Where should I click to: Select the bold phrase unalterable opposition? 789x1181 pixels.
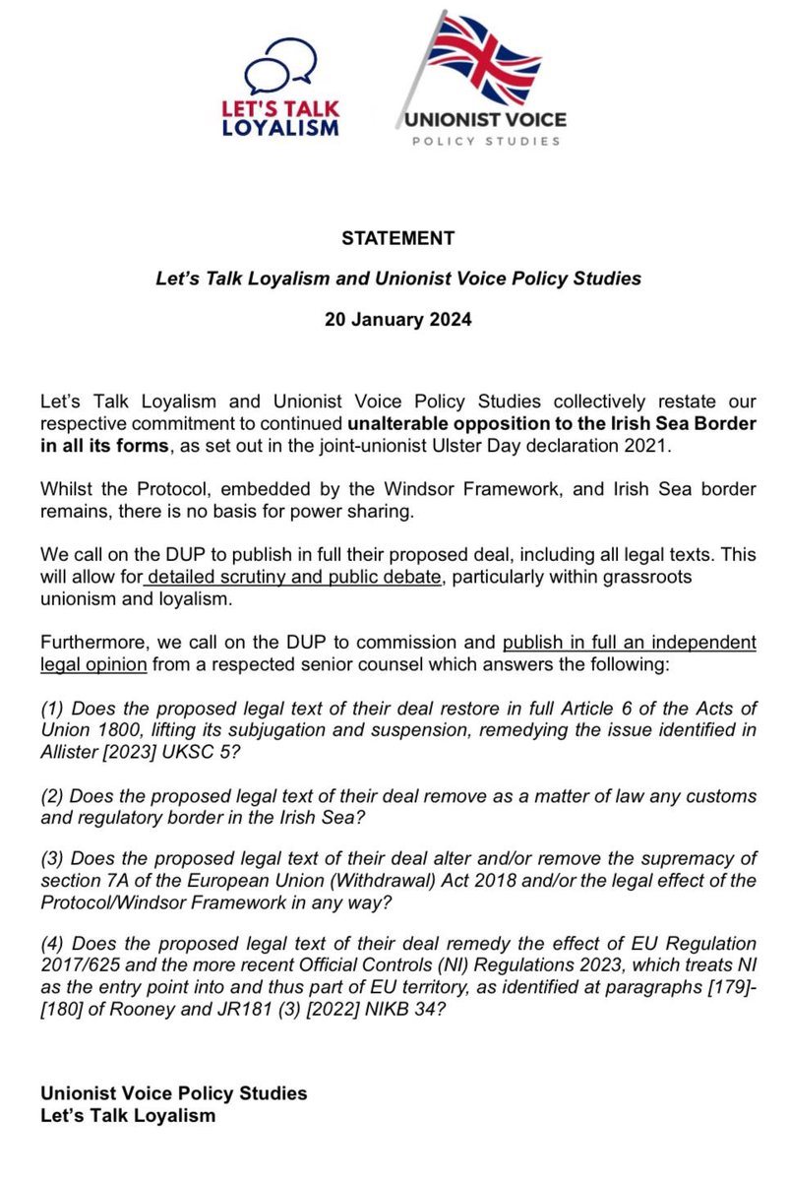point(430,422)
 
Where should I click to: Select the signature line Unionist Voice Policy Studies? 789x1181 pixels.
point(174,1094)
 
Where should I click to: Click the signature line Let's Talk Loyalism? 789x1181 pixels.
point(128,1115)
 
